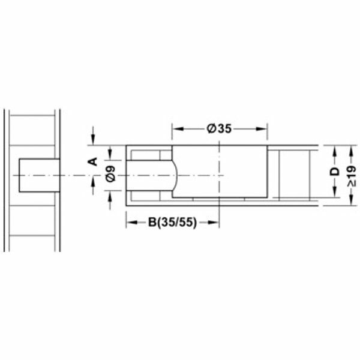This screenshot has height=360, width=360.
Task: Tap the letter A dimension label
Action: tap(93, 160)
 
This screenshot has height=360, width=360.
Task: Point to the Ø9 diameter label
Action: tap(109, 175)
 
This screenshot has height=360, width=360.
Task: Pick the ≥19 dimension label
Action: tap(350, 172)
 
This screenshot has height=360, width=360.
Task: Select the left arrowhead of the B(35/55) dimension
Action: tap(130, 222)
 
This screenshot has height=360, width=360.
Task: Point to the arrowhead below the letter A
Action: tap(93, 179)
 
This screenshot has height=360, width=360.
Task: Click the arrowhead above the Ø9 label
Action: tap(109, 154)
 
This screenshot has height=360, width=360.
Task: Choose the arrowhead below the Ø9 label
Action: tap(109, 195)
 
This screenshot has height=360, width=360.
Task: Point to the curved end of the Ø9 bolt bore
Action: tap(175, 175)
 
